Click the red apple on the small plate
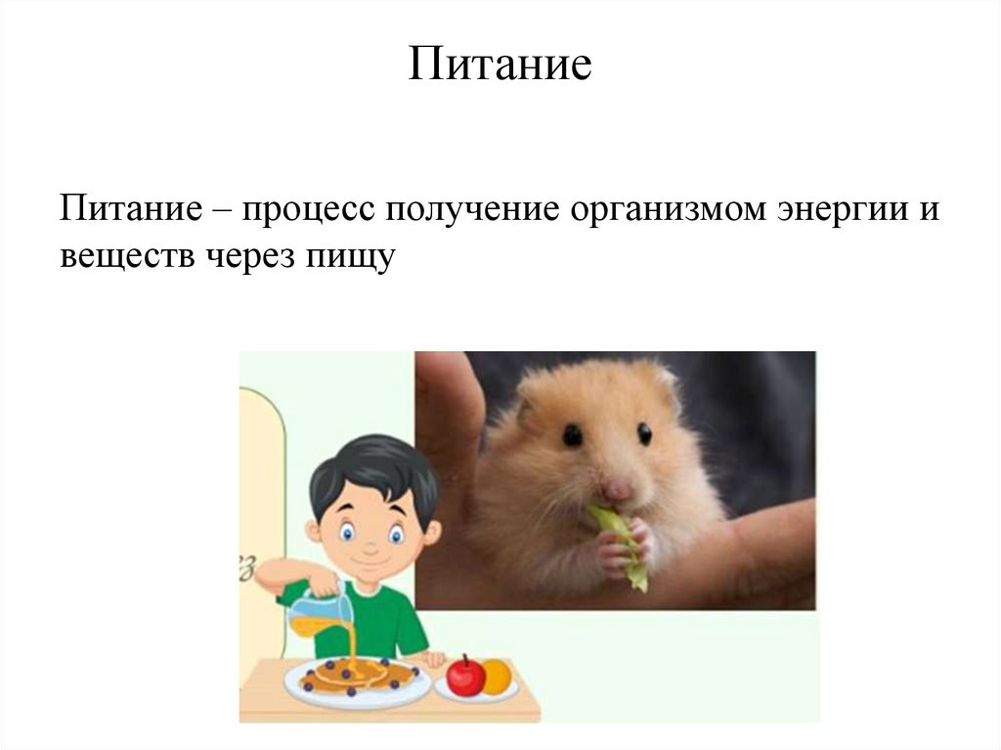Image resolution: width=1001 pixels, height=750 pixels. (x=465, y=676)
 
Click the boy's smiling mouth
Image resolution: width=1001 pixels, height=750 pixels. (x=369, y=563)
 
